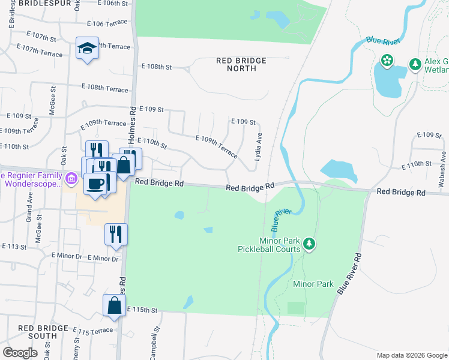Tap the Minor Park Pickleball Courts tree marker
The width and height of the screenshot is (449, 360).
(x=309, y=244)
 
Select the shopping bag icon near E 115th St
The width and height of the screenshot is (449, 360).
(x=114, y=306)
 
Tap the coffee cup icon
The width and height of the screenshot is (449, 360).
(x=95, y=184)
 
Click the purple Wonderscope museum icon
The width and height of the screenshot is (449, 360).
(x=71, y=178)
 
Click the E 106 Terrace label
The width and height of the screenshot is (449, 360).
(x=107, y=23)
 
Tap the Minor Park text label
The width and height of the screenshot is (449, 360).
(x=313, y=284)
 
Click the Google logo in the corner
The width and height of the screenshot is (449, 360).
(x=20, y=352)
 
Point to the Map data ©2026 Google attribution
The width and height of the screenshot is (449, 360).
(x=411, y=355)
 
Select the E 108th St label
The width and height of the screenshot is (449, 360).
(x=156, y=67)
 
